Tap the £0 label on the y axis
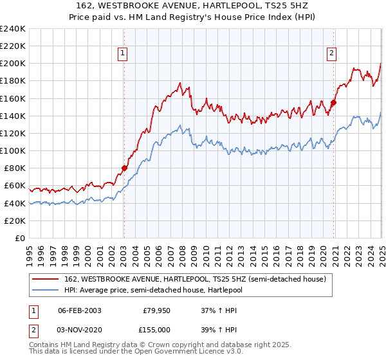point(20,238)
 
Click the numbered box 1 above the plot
point(122,54)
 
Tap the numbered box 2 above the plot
point(331,54)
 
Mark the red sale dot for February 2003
point(124,168)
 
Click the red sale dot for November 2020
point(334,102)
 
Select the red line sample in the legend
point(46,279)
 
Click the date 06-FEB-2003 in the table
point(79,310)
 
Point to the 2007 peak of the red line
point(180,83)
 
